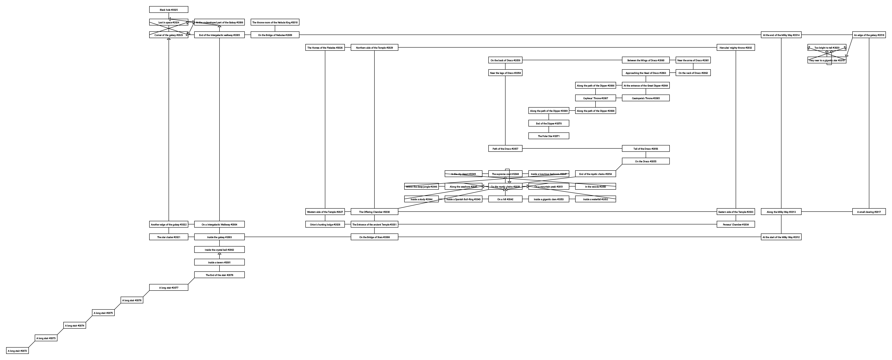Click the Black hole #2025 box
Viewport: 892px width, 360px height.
click(x=169, y=10)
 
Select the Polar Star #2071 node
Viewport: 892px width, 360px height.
click(x=549, y=136)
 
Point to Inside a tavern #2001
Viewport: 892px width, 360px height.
click(x=219, y=262)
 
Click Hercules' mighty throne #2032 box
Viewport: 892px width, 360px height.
click(x=735, y=47)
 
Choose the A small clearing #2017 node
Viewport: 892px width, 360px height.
click(x=869, y=212)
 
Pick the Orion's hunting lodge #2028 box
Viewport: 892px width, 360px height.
click(x=325, y=224)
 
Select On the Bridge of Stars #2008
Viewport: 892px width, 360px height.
click(x=374, y=237)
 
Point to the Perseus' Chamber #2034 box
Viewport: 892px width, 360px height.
click(x=735, y=224)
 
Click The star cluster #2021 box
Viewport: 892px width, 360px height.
click(x=169, y=237)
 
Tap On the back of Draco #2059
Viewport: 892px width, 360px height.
click(x=505, y=60)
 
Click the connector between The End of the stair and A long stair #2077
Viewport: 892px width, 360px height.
click(x=191, y=281)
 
